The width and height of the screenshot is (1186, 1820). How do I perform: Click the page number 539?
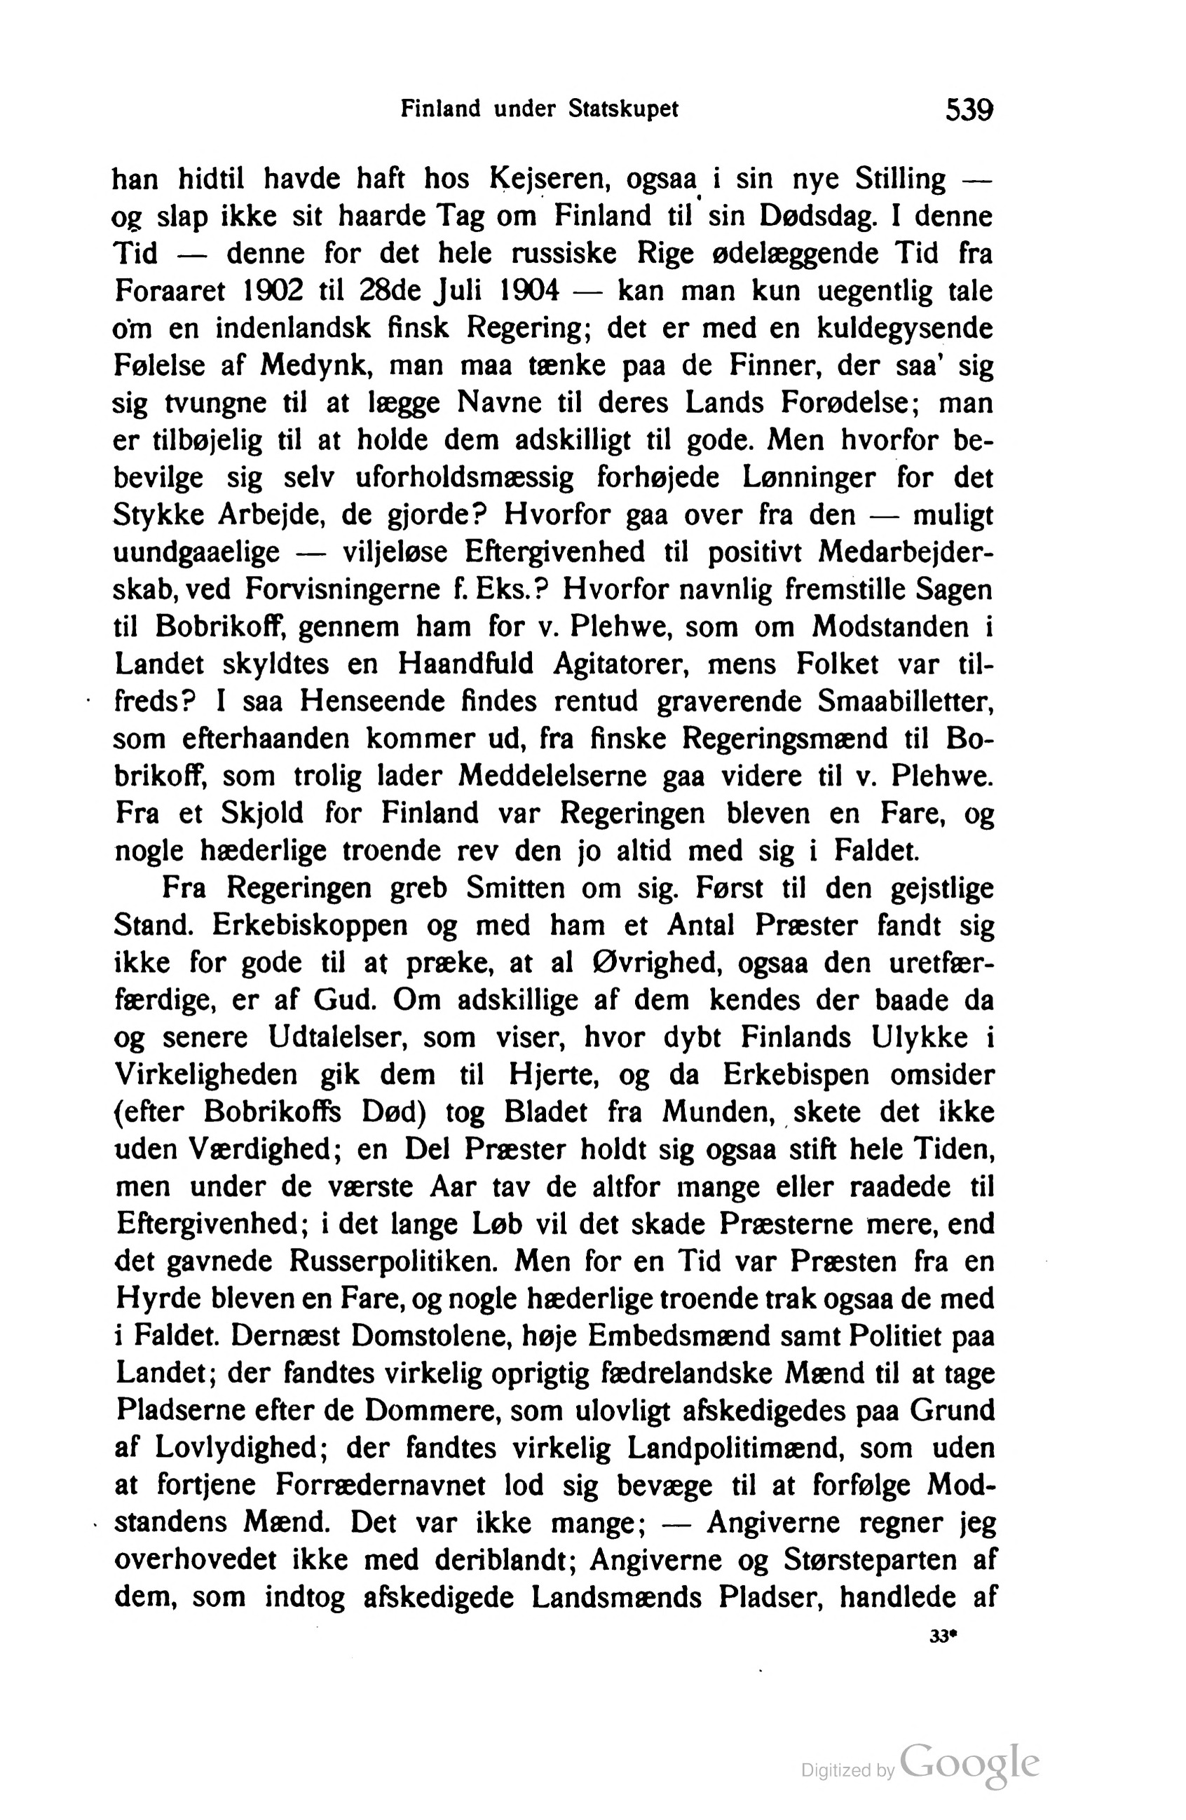[x=969, y=110]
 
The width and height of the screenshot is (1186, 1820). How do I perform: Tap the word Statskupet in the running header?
[x=623, y=109]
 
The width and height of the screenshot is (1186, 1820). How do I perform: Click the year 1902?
[x=273, y=292]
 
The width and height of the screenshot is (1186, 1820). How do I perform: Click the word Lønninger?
[x=810, y=478]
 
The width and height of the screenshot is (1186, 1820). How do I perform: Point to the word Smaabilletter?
[x=906, y=702]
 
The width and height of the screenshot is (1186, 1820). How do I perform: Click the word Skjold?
[x=262, y=813]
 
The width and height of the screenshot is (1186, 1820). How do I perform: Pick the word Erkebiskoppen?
[x=310, y=925]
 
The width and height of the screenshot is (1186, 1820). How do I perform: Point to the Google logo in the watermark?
[x=969, y=1761]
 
